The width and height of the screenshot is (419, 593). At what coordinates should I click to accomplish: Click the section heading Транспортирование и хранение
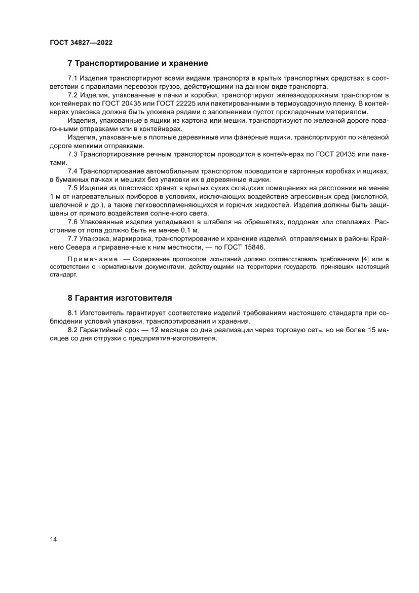pyautogui.click(x=142, y=63)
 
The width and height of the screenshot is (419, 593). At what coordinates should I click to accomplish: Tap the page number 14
pyautogui.click(x=53, y=539)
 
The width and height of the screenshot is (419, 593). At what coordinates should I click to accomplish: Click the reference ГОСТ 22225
pyautogui.click(x=172, y=103)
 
